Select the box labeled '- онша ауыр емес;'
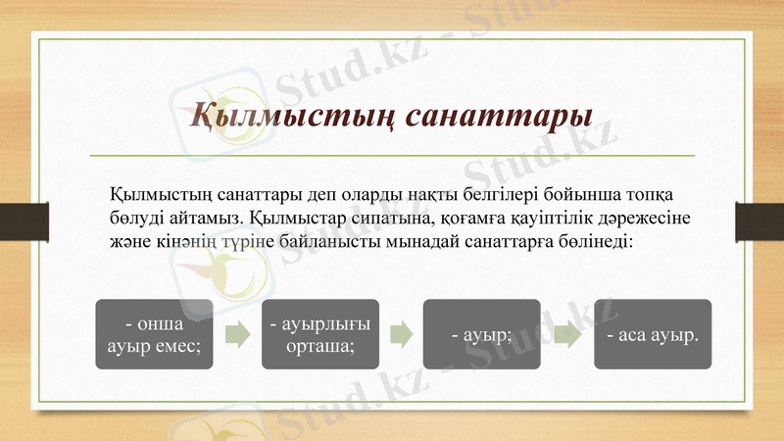[154, 334]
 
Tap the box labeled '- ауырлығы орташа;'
[319, 334]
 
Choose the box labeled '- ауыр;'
[481, 334]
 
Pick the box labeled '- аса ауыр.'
[653, 334]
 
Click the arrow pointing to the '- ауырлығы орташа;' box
[236, 334]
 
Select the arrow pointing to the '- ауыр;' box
[401, 334]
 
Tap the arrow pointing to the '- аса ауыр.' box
[567, 334]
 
